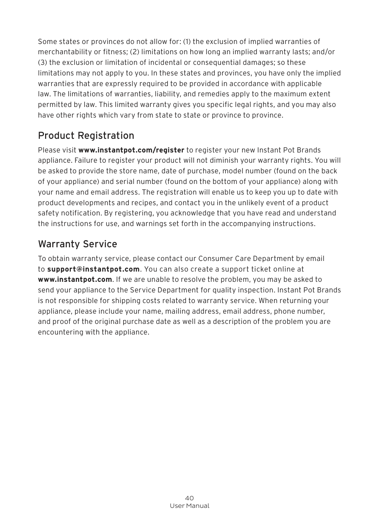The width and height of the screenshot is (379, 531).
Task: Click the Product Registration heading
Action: [86, 136]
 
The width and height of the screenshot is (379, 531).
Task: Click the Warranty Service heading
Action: [77, 244]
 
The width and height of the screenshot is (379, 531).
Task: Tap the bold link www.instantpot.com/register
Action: [131, 150]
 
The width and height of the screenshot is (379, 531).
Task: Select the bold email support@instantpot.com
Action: [93, 269]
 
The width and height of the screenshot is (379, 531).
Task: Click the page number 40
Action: [189, 498]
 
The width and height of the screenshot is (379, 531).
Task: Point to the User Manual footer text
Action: [189, 506]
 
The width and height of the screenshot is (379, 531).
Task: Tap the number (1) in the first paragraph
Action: [187, 41]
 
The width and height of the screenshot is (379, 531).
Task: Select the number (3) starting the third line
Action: [42, 63]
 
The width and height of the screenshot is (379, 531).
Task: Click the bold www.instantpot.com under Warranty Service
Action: [75, 280]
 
